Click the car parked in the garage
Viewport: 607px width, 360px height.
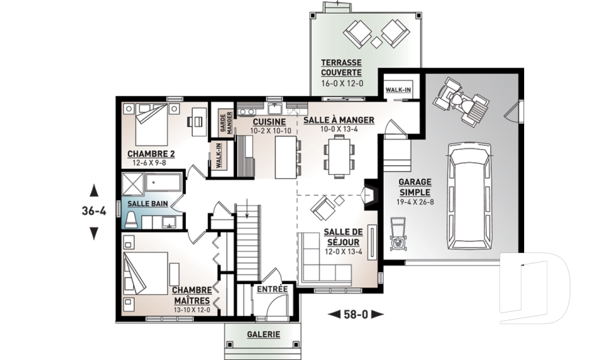pyautogui.click(x=469, y=197)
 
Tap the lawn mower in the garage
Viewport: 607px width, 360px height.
pyautogui.click(x=397, y=234)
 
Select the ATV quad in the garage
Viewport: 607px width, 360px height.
pyautogui.click(x=462, y=101)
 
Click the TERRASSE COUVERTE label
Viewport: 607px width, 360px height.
pyautogui.click(x=341, y=68)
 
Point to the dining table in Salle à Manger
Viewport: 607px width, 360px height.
pyautogui.click(x=339, y=156)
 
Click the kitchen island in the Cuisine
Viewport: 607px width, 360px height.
pyautogui.click(x=286, y=156)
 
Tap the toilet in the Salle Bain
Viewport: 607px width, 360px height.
pyautogui.click(x=132, y=220)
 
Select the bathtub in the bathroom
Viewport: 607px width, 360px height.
pyautogui.click(x=163, y=182)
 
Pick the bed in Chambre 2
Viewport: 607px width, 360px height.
pyautogui.click(x=151, y=123)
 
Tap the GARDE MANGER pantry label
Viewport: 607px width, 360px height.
pyautogui.click(x=226, y=123)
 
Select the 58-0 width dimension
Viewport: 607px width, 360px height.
pyautogui.click(x=355, y=314)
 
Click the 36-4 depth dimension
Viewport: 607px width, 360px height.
pyautogui.click(x=94, y=211)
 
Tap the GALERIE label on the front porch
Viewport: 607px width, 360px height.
pyautogui.click(x=264, y=334)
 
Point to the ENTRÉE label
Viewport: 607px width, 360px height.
pyautogui.click(x=273, y=289)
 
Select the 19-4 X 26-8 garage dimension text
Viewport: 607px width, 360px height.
pyautogui.click(x=414, y=202)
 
